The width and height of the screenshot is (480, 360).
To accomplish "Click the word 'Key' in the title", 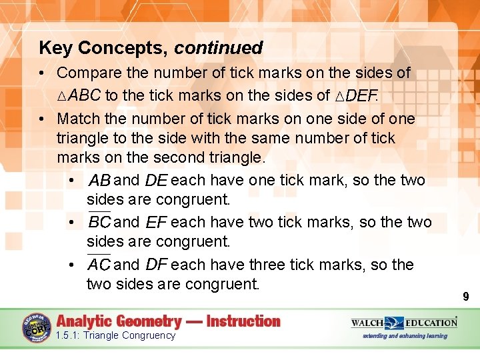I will coord(56,48).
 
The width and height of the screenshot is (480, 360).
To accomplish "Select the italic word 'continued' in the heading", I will coord(219,48).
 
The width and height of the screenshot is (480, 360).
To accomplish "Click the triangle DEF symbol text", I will coord(356,96).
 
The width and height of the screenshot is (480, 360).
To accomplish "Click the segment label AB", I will coord(99,181).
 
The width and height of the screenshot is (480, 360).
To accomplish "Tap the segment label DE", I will coord(156,181).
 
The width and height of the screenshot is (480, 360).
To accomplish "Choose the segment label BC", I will coord(99,223).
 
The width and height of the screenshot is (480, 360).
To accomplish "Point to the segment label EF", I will coord(156,223).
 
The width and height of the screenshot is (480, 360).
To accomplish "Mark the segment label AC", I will coord(99,265).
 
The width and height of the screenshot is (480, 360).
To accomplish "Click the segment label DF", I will coord(156,265).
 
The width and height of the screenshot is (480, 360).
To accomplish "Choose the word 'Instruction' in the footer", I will coord(243,321).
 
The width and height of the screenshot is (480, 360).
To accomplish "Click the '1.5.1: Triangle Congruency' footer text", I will coord(115,335).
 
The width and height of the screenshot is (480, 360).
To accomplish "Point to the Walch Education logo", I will coord(405,323).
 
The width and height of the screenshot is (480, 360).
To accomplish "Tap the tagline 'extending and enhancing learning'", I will coord(405,336).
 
